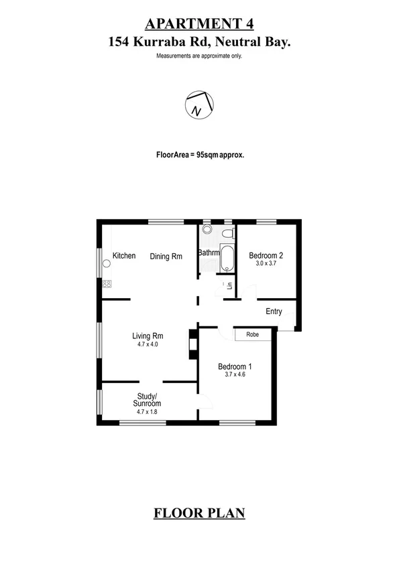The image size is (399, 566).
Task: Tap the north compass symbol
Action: pos(197,104)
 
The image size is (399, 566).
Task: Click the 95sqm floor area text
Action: pos(200,154)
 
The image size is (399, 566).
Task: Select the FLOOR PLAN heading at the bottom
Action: pos(199,514)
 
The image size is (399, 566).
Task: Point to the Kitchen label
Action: pos(124,256)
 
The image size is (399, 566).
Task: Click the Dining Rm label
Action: pos(166,256)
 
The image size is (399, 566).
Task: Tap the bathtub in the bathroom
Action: pos(227,259)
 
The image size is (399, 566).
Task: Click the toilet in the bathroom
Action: pos(228,234)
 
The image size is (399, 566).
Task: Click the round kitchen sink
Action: pos(106,263)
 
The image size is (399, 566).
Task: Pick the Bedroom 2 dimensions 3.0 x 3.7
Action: pos(266,264)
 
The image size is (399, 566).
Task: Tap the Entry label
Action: pos(274,311)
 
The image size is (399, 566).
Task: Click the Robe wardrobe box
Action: pos(253,334)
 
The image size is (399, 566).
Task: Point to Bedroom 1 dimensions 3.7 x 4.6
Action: pos(235,376)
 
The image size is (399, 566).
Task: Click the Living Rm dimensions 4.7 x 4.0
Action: pos(148,345)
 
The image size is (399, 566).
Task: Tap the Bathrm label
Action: pos(208,253)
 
